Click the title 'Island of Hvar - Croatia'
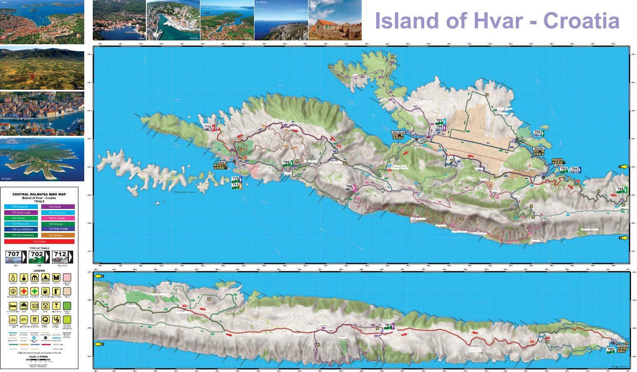pos(497,20)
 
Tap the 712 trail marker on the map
pos(208,127)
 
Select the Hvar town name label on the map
pos(221,162)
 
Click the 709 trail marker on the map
pos(287,163)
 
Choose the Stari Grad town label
pos(397,132)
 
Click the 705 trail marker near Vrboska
pos(538,132)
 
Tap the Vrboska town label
pos(539,149)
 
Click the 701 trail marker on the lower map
pos(388,326)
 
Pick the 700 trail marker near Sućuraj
pos(611,350)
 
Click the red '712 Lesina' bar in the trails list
pos(39,241)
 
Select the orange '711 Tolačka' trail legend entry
pos(58,235)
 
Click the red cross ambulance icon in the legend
pos(24,292)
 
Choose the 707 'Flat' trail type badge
pos(14,256)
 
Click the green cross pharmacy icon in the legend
pos(35,292)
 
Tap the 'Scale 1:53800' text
pos(39,356)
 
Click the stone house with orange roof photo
pos(335,20)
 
